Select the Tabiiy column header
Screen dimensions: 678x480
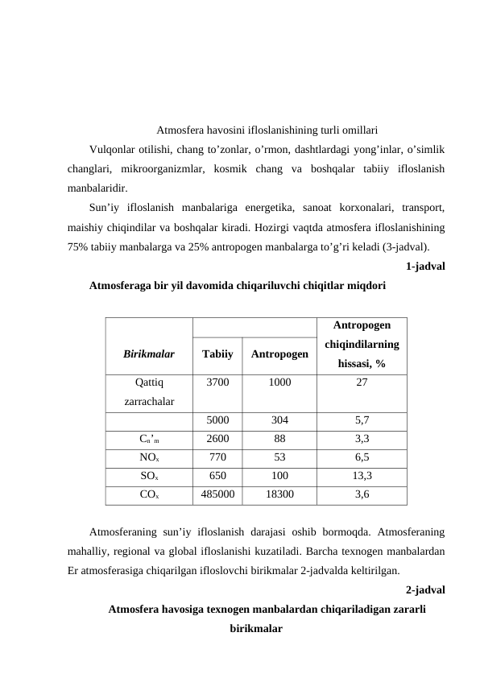coord(217,353)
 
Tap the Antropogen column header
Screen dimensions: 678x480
coord(279,353)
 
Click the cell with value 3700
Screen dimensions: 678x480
coord(217,383)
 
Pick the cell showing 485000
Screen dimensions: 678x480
coord(217,494)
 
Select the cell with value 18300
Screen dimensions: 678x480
coord(279,494)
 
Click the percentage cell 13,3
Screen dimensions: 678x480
coord(362,476)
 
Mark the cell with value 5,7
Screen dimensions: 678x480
coord(362,420)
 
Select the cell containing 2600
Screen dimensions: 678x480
coord(217,439)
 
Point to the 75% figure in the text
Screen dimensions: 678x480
coord(79,246)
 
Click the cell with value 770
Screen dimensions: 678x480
coord(217,457)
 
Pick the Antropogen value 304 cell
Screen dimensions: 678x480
coord(279,420)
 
